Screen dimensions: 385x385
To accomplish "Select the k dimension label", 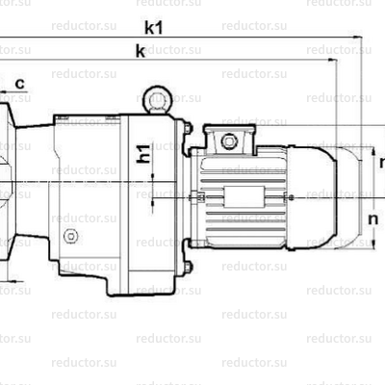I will (141, 53).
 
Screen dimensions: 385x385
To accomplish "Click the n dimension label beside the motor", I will (373, 219).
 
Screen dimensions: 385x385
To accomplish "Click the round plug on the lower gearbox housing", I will (69, 238).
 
